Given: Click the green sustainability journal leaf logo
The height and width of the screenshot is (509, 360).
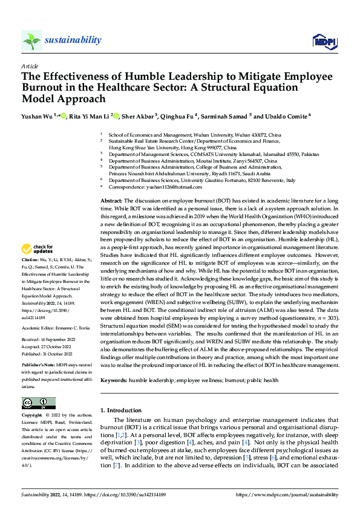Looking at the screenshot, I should tap(31, 41).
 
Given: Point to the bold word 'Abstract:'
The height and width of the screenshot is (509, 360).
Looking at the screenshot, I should tap(111, 199).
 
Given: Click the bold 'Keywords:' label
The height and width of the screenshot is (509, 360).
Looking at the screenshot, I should tap(114, 380).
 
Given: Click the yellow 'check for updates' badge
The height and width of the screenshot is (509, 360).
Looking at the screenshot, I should tap(38, 249).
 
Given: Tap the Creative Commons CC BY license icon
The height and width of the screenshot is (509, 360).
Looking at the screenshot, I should tap(38, 403).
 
